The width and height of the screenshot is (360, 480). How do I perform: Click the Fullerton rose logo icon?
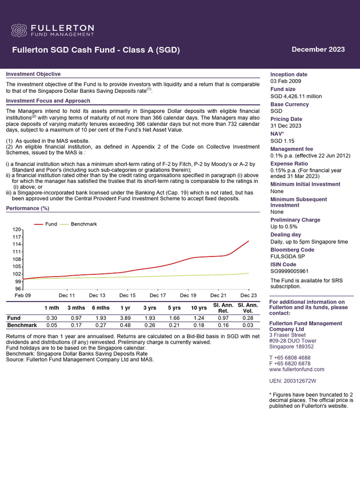coord(19,30)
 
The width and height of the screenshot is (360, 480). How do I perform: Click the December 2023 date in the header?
coord(318,50)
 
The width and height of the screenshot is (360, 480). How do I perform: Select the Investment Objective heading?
coord(33,74)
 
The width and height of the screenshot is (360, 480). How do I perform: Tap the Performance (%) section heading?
coord(28,208)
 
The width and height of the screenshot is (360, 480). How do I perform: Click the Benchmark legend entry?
coord(83,224)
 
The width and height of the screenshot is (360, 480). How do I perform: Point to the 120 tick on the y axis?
coord(17,229)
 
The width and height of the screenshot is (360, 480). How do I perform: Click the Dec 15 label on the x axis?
coord(127,295)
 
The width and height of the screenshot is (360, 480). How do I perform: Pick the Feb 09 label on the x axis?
coord(23,295)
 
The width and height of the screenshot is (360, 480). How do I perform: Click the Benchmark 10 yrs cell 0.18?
coord(199,325)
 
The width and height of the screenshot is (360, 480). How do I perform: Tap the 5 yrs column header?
coord(173,307)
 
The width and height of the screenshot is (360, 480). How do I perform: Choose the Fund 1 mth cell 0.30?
coord(52,318)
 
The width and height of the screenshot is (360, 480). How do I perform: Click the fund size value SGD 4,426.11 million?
coord(296,96)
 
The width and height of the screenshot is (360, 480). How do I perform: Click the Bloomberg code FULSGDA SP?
coord(288,257)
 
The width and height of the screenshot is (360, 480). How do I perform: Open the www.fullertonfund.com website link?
coord(297,369)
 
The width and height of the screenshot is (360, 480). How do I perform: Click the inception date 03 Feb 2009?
coord(287,82)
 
